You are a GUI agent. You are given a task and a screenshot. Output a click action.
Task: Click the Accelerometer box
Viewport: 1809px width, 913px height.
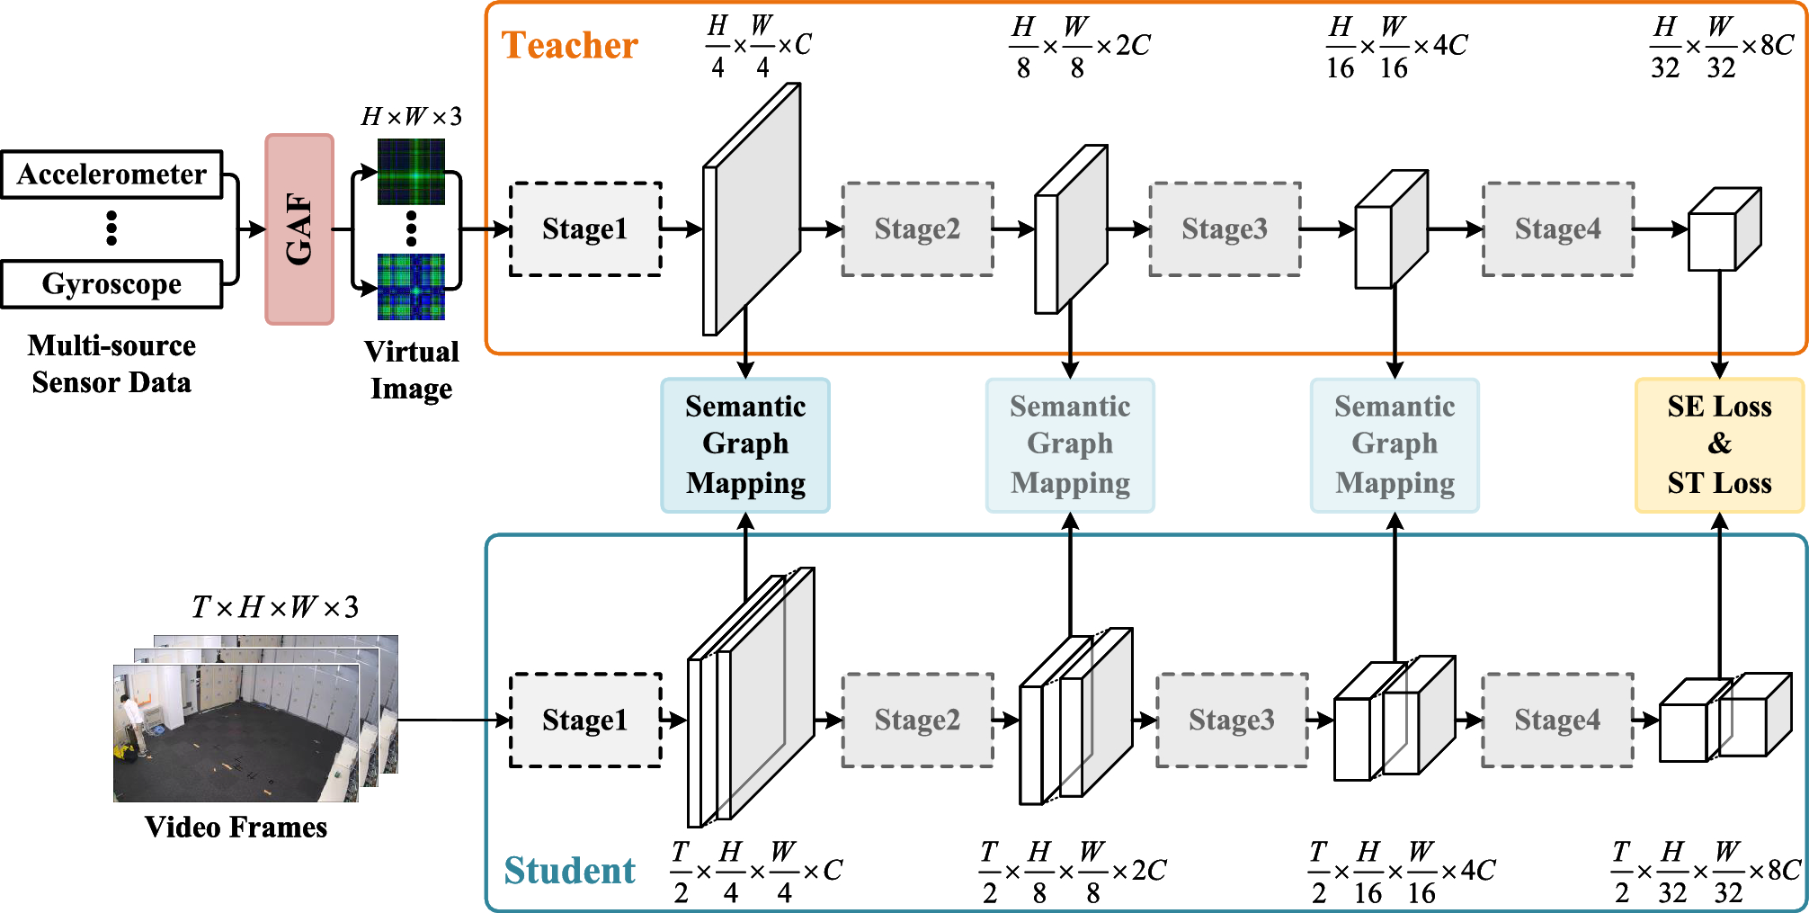[111, 175]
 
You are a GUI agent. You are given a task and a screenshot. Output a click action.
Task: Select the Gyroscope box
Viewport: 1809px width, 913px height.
[111, 284]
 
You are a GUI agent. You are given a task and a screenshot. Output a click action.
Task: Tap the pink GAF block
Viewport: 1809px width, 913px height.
[299, 229]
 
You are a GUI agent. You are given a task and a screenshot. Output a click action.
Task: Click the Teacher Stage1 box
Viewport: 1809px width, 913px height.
[585, 229]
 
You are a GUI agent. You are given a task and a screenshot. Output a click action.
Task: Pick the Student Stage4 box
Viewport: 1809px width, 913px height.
[1557, 721]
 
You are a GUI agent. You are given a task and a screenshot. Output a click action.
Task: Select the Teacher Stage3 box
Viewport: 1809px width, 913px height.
[1225, 229]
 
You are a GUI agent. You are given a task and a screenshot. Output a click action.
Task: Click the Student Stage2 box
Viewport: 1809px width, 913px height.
[917, 721]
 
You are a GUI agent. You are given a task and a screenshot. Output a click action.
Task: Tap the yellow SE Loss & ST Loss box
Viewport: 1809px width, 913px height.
[1719, 445]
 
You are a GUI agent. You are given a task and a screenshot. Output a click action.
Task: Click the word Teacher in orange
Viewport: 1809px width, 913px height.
[570, 45]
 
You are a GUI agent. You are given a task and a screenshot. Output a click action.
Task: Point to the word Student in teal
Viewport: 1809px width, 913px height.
[569, 871]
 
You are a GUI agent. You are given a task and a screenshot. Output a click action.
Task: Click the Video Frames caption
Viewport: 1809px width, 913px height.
[236, 828]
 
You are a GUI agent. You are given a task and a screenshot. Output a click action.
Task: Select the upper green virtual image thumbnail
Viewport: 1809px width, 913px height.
[411, 171]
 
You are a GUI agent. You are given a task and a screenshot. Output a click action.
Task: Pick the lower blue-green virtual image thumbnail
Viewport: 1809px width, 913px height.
[411, 287]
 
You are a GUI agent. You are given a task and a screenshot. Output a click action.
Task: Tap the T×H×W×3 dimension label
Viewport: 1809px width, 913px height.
[275, 607]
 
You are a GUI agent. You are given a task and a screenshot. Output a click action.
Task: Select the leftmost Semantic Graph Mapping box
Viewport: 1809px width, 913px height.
[745, 445]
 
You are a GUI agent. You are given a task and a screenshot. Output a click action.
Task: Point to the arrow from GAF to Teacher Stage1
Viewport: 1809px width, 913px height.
[486, 229]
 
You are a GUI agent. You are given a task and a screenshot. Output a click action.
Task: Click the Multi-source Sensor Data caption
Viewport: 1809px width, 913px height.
[111, 364]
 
